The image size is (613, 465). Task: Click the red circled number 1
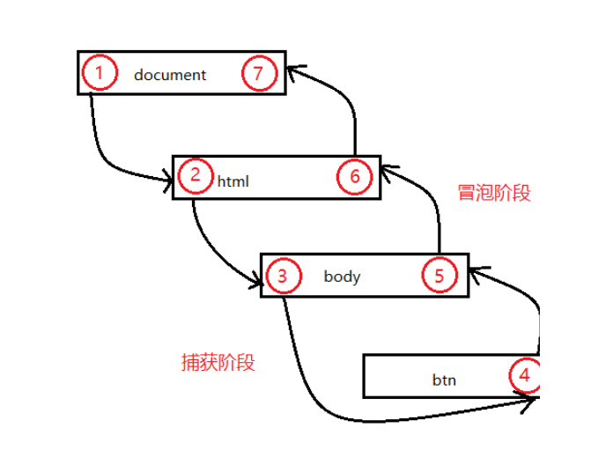(x=100, y=73)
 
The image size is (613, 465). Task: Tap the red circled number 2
(x=194, y=174)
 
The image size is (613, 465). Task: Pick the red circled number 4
(x=525, y=376)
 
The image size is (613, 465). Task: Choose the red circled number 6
(x=354, y=176)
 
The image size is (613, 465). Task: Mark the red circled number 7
(x=258, y=74)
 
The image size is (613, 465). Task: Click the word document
(x=170, y=75)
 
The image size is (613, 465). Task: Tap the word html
(x=233, y=182)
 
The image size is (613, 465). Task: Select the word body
(x=342, y=277)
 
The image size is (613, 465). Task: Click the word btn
(x=444, y=380)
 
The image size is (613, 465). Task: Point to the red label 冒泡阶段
(x=495, y=193)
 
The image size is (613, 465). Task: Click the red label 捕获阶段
(x=218, y=361)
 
